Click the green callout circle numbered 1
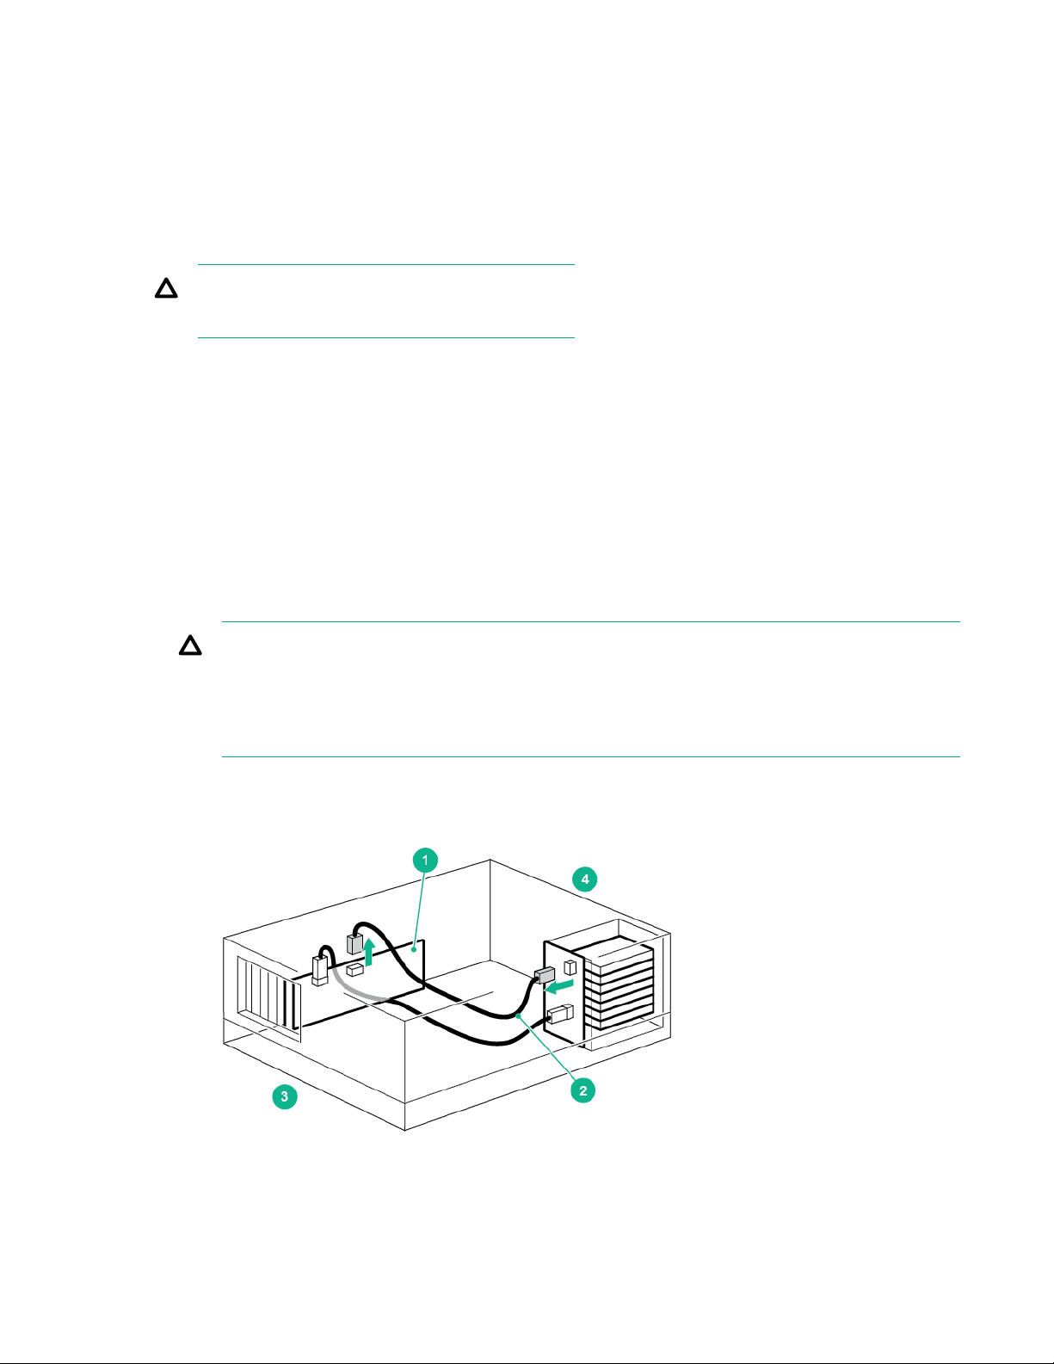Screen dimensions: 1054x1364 [x=425, y=860]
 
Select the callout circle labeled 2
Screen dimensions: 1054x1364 [x=582, y=1090]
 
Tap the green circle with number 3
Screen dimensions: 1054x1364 [x=285, y=1096]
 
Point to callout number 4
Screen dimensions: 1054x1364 [x=585, y=879]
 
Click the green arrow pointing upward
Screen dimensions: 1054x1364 [x=369, y=952]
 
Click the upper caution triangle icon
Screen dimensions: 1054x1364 [x=166, y=289]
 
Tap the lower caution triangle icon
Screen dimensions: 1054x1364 [x=190, y=645]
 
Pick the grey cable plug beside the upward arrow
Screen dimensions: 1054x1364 [x=354, y=942]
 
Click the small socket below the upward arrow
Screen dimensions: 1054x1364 [x=354, y=970]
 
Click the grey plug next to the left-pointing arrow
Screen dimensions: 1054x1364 [x=544, y=975]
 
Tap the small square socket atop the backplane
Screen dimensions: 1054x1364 [x=569, y=966]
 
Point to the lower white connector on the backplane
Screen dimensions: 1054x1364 [x=561, y=1014]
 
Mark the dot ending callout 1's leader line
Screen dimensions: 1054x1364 [x=414, y=949]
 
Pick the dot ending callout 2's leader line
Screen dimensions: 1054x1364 [x=518, y=1015]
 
